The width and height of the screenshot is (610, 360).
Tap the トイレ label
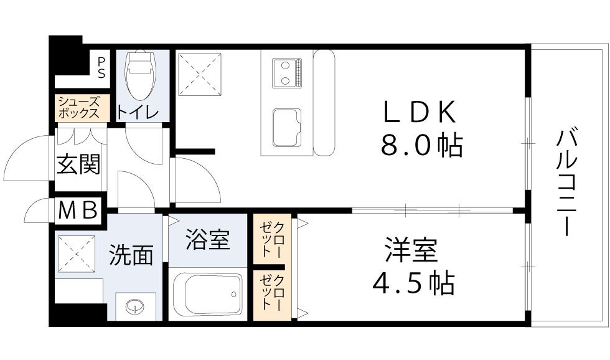coord(141,113)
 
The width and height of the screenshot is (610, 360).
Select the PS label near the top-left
coord(101,66)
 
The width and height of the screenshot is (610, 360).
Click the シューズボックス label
coord(78,108)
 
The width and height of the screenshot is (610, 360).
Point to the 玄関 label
coord(78,165)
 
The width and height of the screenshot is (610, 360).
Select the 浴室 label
coord(208,239)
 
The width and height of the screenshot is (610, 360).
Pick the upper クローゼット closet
coord(272,240)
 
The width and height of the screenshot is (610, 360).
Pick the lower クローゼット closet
coord(272,293)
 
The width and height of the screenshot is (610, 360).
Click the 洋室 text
coord(411,250)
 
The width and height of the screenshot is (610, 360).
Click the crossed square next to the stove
coord(199,74)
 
